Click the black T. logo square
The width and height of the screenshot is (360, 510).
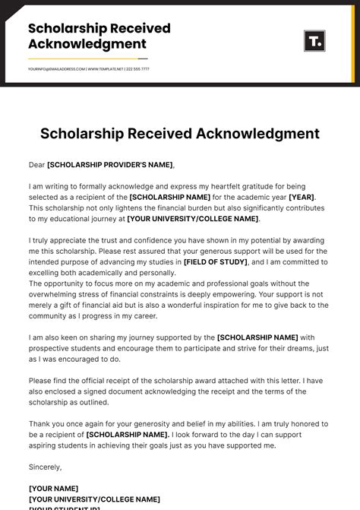[314, 41]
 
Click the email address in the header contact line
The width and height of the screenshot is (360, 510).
[56, 69]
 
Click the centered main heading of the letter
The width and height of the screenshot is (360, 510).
[180, 134]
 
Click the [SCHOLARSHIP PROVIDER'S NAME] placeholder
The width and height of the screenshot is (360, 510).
[110, 165]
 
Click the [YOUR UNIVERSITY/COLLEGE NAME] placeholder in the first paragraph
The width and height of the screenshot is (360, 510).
[193, 219]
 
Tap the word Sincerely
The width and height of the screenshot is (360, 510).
[45, 467]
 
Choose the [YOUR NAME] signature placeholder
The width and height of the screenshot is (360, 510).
[53, 488]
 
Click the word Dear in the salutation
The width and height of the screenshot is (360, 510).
[36, 165]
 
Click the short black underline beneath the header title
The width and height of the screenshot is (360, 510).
[87, 59]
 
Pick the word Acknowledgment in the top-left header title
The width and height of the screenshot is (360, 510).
[87, 44]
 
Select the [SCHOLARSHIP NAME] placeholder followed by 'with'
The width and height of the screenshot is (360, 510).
[257, 337]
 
